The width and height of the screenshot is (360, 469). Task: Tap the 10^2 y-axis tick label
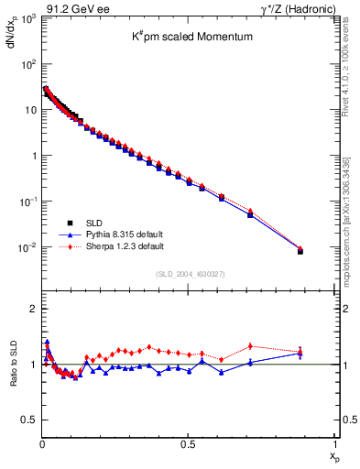tap(27, 65)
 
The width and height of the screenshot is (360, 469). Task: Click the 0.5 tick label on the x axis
tap(188, 444)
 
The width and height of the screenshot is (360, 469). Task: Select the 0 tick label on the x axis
tap(42, 444)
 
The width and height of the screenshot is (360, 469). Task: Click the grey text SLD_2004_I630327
tap(188, 274)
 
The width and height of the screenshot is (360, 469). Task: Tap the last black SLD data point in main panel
tap(300, 251)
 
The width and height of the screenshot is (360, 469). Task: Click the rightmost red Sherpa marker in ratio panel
tap(300, 351)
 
